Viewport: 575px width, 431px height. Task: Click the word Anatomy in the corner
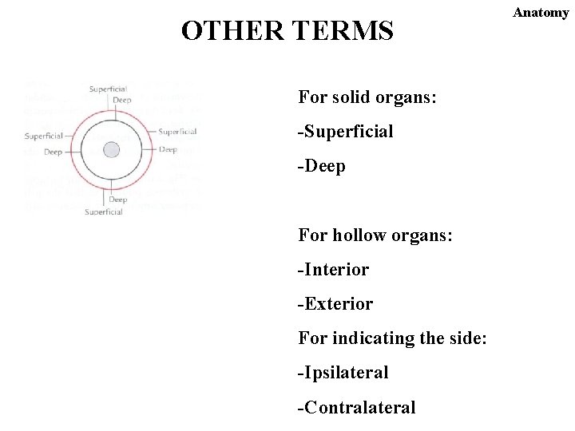pos(541,13)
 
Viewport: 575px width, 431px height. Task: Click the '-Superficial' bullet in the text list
pos(345,132)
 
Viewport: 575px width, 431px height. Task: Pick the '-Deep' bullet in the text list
pos(321,167)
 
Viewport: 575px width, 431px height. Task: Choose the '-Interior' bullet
pos(333,270)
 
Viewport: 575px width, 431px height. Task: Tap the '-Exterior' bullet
pos(335,304)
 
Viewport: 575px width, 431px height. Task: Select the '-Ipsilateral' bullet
pos(343,373)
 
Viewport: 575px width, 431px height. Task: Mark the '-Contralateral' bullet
pos(356,408)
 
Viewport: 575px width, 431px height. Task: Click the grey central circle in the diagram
pos(112,149)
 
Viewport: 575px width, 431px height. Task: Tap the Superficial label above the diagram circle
pos(108,89)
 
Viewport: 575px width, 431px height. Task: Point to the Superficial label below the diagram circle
pos(104,212)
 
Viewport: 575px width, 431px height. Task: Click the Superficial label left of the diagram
pos(44,136)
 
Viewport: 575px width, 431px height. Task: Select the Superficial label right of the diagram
pos(177,132)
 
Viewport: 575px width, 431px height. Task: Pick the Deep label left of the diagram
pos(53,152)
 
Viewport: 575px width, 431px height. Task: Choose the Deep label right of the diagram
pos(168,149)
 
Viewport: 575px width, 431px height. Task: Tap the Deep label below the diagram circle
pos(117,200)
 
